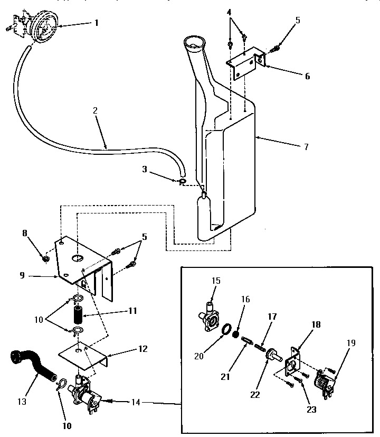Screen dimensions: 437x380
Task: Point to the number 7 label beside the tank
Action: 306,146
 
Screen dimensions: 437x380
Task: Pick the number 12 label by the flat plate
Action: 144,349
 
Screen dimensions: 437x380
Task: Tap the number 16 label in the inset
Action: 245,299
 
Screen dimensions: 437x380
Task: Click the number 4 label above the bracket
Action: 229,12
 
